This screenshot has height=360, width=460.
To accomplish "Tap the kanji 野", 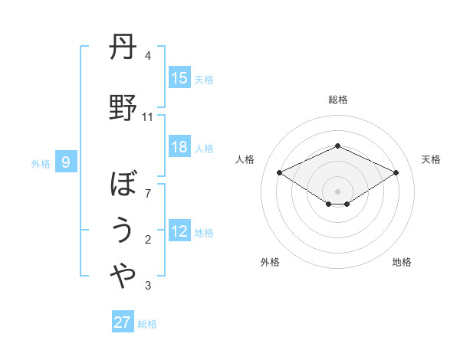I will (123, 107).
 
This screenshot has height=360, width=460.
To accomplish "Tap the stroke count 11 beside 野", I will (148, 117).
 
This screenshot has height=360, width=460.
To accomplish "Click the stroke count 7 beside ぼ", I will (148, 193).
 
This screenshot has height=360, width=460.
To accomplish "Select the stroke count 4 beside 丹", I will (148, 56).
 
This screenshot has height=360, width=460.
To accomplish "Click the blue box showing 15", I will (179, 78).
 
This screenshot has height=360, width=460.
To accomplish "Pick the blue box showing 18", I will (179, 148).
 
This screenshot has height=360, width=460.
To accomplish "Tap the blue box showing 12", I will (179, 232).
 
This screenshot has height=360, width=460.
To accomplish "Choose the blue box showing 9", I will (66, 162).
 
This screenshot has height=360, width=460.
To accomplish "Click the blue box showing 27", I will (122, 322).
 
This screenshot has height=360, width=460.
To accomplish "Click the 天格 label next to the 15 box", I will (204, 79).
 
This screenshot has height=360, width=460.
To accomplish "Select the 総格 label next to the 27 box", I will (147, 324).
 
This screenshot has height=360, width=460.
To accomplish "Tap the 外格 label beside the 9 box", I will (41, 163).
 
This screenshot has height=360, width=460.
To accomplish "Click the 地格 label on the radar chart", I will (402, 262).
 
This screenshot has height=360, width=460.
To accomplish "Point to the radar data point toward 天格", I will (396, 173).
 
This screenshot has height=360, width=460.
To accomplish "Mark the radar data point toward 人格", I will (279, 172).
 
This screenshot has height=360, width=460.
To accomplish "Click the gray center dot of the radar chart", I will (337, 190).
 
